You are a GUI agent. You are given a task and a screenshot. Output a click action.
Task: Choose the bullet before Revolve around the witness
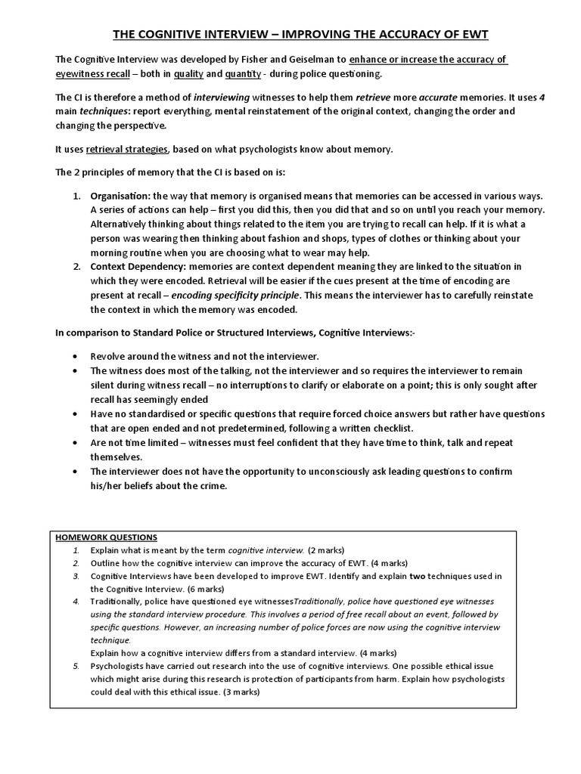click(x=73, y=356)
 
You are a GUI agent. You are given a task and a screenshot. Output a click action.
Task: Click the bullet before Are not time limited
click(x=73, y=442)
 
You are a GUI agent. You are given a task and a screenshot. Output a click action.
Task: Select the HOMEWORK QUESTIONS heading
click(x=107, y=537)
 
